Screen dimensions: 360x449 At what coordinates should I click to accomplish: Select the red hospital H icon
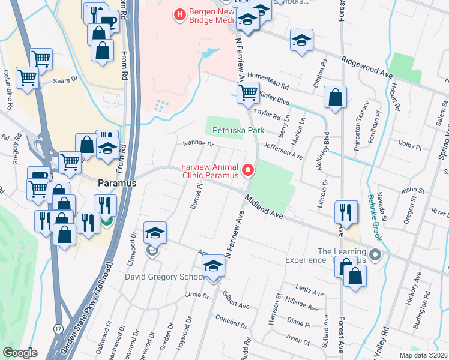click(x=179, y=13)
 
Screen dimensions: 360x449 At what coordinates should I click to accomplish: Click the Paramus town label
click(x=117, y=182)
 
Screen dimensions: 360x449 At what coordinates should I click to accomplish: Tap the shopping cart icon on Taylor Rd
click(x=248, y=94)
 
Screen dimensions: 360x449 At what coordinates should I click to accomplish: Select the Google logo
click(x=20, y=353)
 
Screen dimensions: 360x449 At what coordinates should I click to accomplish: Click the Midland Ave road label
click(x=263, y=208)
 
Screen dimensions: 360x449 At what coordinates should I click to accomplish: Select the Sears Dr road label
click(x=67, y=79)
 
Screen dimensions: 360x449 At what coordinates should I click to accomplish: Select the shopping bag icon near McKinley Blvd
click(x=335, y=97)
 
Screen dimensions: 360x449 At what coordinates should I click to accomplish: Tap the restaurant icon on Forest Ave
click(x=346, y=211)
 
